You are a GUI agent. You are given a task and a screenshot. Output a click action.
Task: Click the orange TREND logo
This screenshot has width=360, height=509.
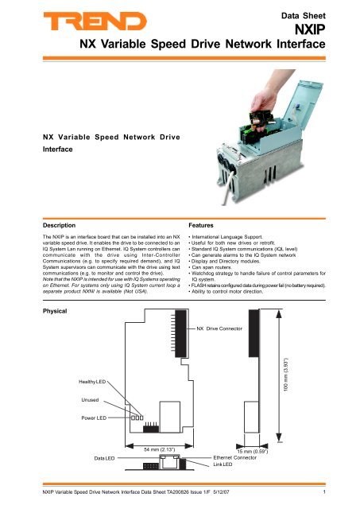pyautogui.click(x=95, y=21)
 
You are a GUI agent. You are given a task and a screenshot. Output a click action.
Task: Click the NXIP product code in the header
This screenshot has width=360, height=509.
pyautogui.click(x=310, y=29)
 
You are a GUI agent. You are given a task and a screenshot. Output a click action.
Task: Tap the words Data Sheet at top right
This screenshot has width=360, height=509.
pyautogui.click(x=304, y=16)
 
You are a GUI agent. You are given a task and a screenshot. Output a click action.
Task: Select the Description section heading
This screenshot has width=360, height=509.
pyautogui.click(x=59, y=225)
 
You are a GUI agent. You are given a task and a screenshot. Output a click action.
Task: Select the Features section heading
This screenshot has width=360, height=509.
pyautogui.click(x=201, y=225)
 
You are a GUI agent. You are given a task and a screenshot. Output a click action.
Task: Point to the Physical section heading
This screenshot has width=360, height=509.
pyautogui.click(x=55, y=311)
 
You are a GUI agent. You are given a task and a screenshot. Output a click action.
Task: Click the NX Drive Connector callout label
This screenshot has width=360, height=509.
pyautogui.click(x=219, y=328)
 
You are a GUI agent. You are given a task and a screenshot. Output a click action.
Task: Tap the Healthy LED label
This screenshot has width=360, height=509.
pyautogui.click(x=92, y=382)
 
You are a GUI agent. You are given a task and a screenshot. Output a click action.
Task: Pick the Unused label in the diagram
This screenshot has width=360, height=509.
pyautogui.click(x=90, y=400)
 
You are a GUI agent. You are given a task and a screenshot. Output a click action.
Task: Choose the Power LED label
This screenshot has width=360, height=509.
pyautogui.click(x=94, y=418)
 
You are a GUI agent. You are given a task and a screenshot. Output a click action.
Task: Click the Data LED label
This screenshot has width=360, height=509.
pyautogui.click(x=104, y=458)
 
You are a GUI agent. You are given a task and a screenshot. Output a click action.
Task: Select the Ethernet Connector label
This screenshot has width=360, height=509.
pyautogui.click(x=234, y=458)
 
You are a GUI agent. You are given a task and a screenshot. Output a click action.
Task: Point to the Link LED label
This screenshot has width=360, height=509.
pyautogui.click(x=223, y=464)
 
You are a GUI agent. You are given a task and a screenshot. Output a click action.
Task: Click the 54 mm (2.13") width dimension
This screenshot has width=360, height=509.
pyautogui.click(x=159, y=449)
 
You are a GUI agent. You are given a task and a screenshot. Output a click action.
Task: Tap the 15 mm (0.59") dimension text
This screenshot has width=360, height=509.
pyautogui.click(x=253, y=452)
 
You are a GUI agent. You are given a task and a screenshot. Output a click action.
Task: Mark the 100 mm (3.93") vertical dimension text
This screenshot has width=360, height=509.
pyautogui.click(x=286, y=375)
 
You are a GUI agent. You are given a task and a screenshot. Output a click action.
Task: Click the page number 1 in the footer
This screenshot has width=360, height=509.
pyautogui.click(x=324, y=492)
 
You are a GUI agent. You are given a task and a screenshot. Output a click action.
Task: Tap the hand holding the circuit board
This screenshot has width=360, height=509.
pyautogui.click(x=266, y=97)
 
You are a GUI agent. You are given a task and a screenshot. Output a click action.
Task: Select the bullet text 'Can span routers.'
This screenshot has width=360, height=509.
pyautogui.click(x=211, y=267)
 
